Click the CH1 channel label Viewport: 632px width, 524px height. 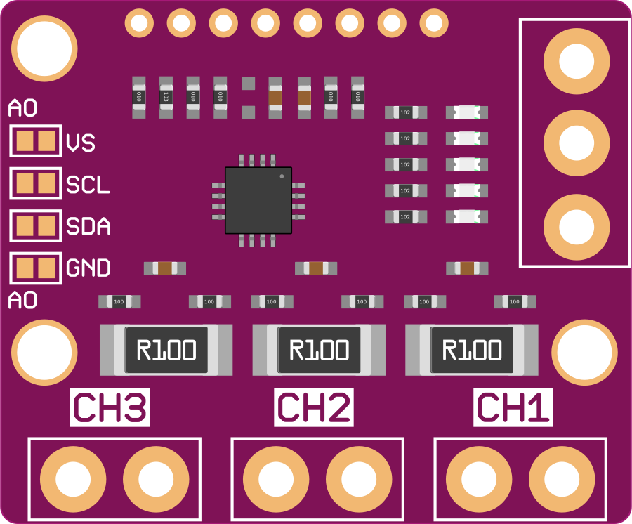click(x=514, y=407)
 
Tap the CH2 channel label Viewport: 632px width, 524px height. click(x=312, y=407)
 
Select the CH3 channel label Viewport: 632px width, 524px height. click(x=110, y=407)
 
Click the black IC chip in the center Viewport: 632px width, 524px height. click(x=258, y=200)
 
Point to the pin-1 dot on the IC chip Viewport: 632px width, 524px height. click(x=282, y=176)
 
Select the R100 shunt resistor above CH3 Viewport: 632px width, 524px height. click(x=166, y=350)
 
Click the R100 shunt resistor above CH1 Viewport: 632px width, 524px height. click(x=472, y=350)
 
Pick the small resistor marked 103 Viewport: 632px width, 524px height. click(x=166, y=96)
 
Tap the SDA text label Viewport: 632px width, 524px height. click(x=88, y=226)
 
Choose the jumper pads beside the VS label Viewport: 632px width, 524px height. click(x=36, y=141)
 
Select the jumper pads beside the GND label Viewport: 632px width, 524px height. click(x=36, y=268)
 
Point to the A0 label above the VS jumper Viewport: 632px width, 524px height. click(x=22, y=109)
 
